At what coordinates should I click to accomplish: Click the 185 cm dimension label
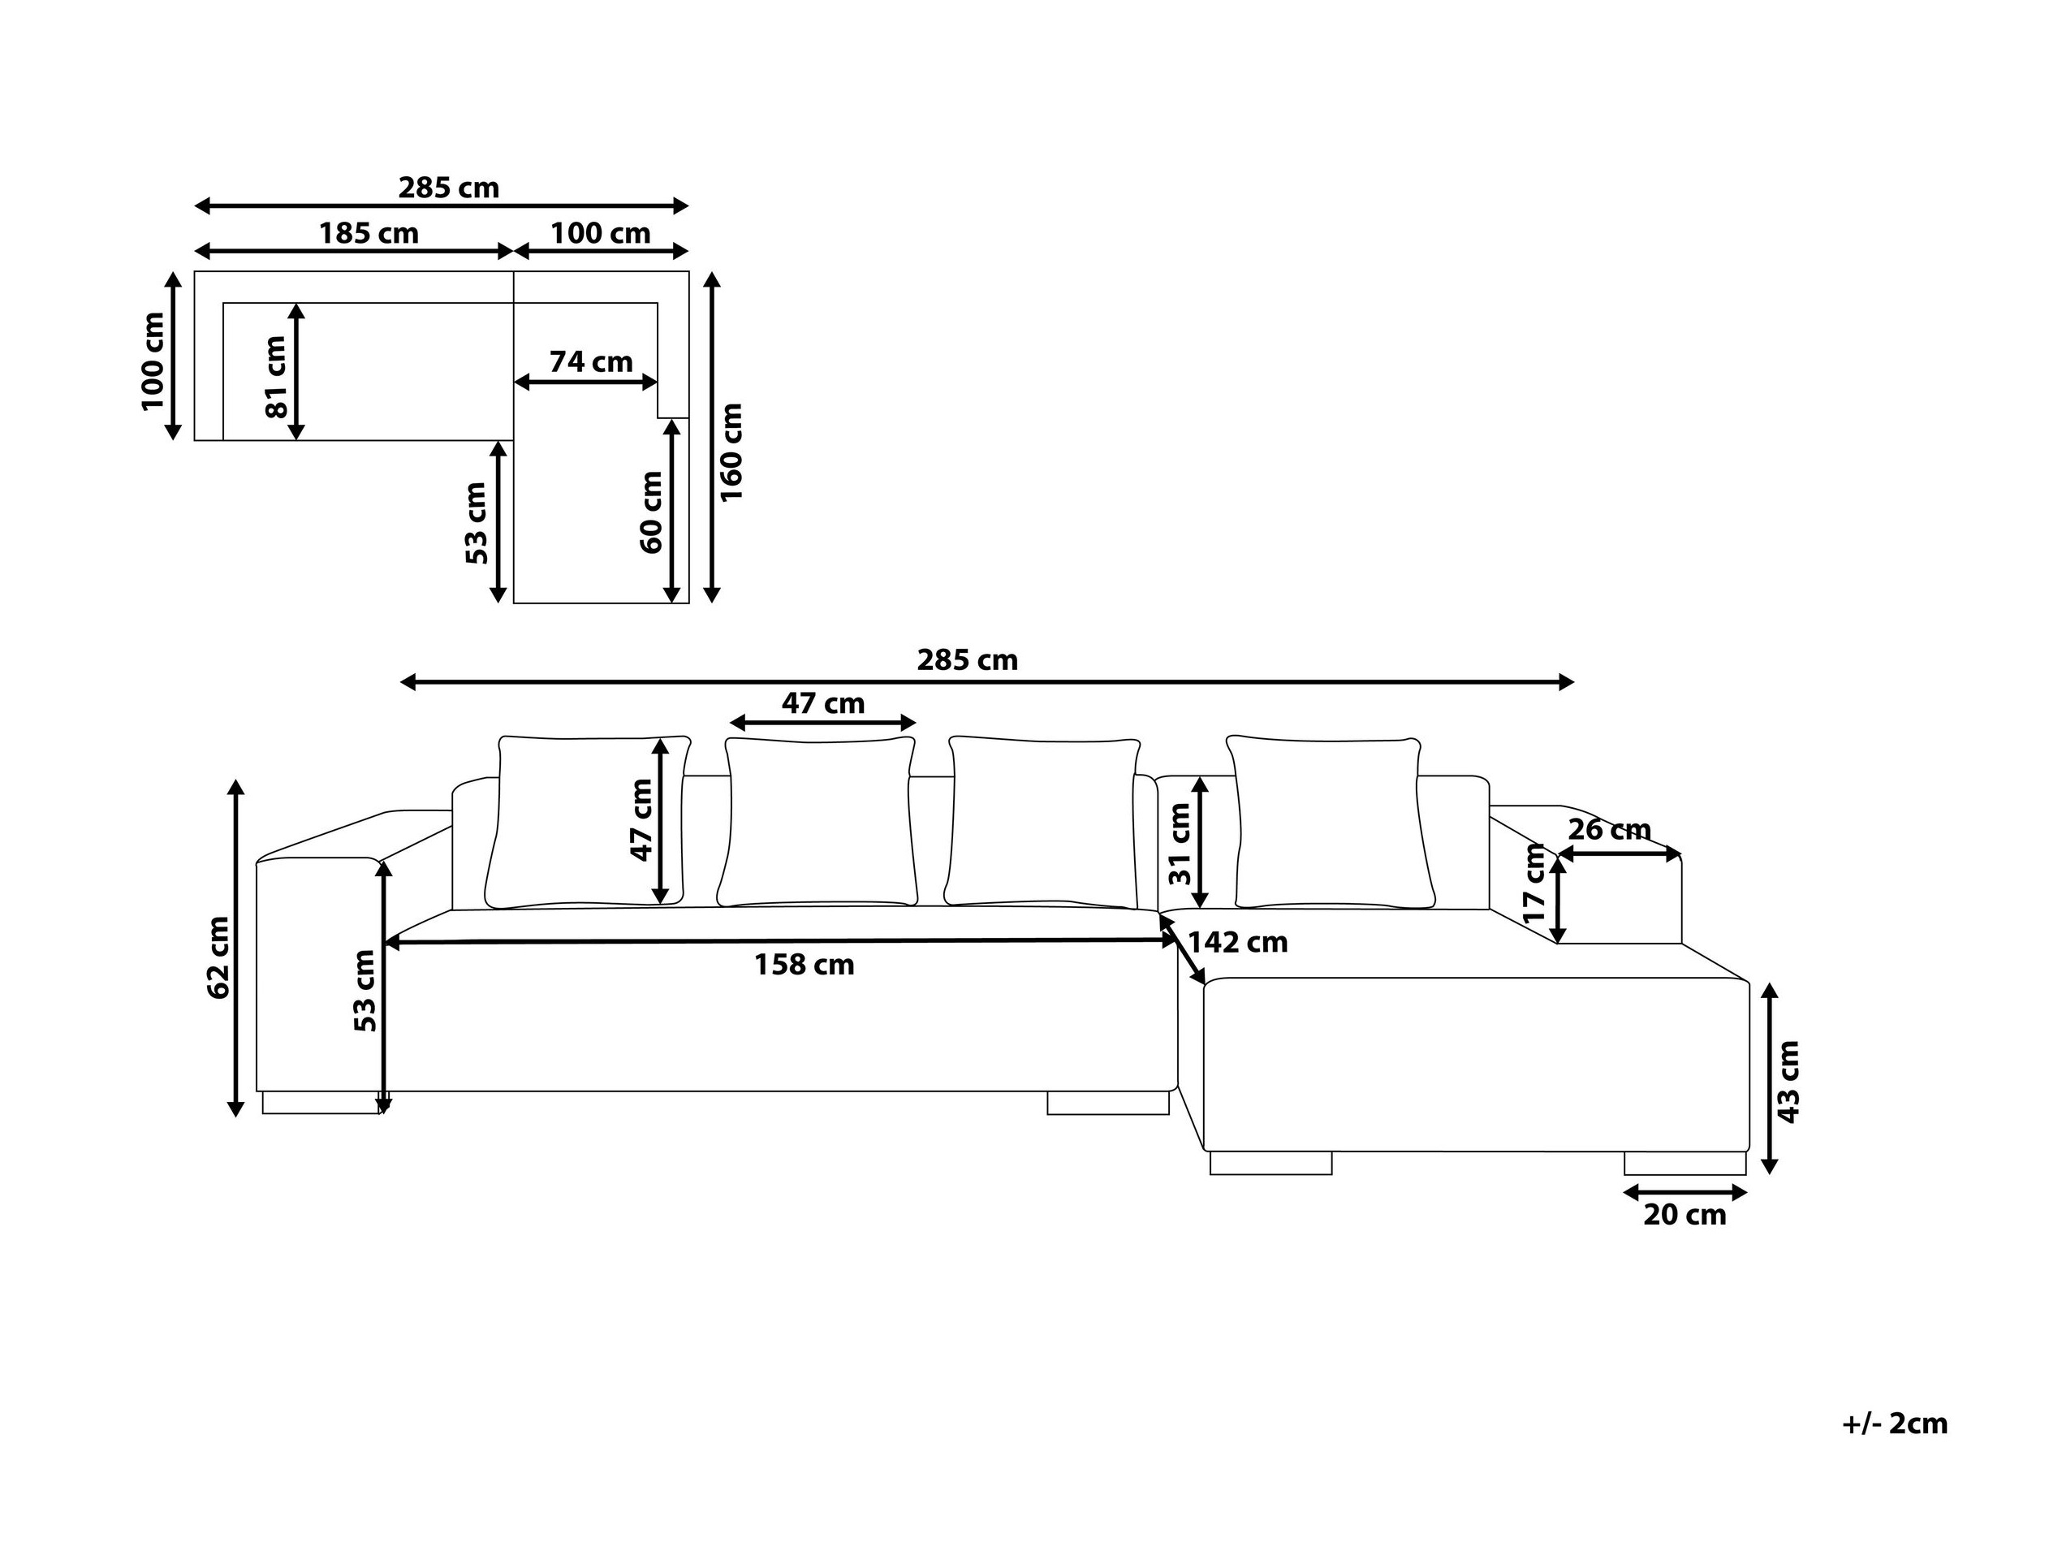tap(369, 233)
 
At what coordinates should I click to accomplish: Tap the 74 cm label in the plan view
tap(591, 362)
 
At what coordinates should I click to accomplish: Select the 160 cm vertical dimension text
tap(731, 452)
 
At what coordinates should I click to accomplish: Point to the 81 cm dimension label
tap(276, 377)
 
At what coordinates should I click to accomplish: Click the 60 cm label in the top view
tap(652, 512)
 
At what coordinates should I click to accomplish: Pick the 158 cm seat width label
tap(805, 964)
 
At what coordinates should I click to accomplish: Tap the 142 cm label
tap(1238, 943)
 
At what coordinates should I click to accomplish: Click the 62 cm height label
tap(218, 957)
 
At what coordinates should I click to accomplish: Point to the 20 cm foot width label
tap(1685, 1215)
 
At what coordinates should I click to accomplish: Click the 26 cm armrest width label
tap(1609, 829)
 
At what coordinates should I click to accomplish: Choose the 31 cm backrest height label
tap(1180, 843)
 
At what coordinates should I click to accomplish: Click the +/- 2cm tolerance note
tap(1895, 1424)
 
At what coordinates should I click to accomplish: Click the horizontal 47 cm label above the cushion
tap(823, 703)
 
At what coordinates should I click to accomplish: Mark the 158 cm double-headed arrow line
tap(781, 943)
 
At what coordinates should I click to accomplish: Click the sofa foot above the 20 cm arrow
tap(1685, 1164)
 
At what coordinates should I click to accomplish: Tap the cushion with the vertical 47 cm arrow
tap(587, 822)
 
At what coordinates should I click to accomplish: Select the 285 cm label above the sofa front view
tap(968, 660)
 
